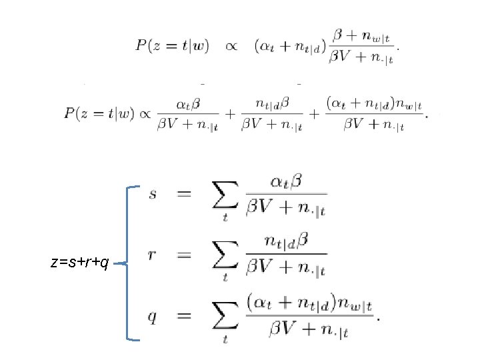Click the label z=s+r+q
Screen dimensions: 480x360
(79, 263)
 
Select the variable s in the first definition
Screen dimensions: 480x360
(153, 195)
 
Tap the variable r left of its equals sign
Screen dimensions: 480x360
(153, 255)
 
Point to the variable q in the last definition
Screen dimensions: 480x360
(153, 317)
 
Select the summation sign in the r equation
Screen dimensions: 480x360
(225, 256)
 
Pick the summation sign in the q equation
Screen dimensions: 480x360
(225, 317)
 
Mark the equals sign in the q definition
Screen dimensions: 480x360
(185, 317)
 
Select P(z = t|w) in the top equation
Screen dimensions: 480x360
(173, 46)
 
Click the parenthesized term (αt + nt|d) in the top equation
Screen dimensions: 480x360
(289, 46)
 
